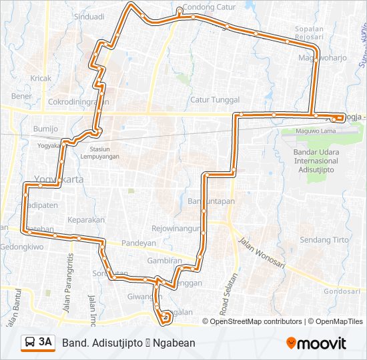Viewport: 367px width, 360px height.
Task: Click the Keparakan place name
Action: tap(87, 219)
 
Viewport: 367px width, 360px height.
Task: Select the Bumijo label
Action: tap(46, 128)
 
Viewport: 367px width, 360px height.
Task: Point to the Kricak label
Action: tap(41, 78)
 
